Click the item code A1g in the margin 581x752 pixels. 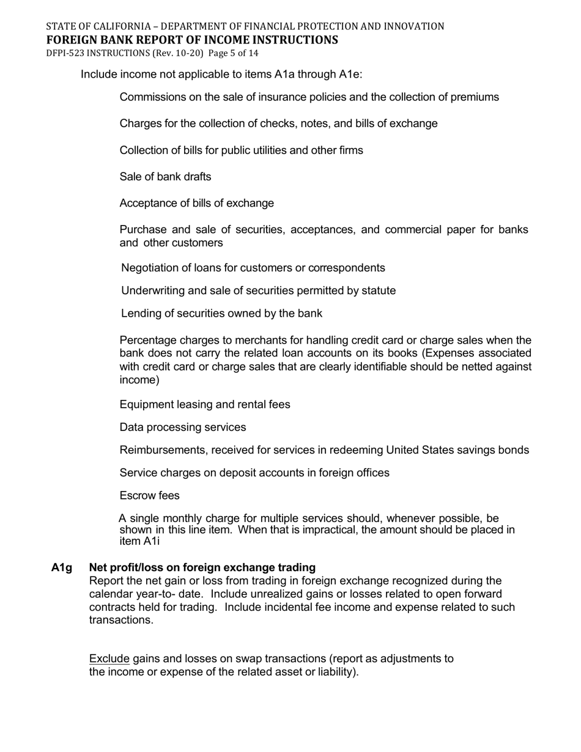point(61,567)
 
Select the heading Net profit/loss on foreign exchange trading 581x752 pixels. point(202,567)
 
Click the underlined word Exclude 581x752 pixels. point(109,658)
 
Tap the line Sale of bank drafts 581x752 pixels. point(165,177)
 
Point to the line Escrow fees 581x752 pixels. point(149,495)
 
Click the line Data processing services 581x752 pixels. point(182,427)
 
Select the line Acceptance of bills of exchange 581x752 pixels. point(196,203)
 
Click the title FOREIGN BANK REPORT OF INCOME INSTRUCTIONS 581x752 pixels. point(191,40)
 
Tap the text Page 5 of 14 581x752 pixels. point(233,53)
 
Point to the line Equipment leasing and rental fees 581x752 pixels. point(204,405)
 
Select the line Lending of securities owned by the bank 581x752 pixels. point(221,314)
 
